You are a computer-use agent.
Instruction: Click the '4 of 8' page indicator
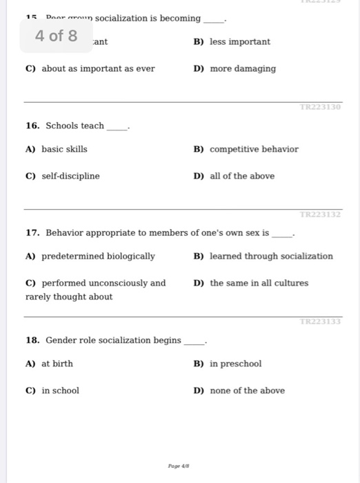[x=57, y=36]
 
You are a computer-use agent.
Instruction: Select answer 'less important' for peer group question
[x=239, y=42]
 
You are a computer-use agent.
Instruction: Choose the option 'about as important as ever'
[x=98, y=69]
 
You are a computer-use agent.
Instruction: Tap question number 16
[x=32, y=126]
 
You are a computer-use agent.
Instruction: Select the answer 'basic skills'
[x=64, y=149]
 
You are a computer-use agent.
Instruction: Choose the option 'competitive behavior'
[x=254, y=149]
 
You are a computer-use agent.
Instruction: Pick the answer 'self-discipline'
[x=70, y=176]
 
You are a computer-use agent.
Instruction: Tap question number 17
[x=32, y=233]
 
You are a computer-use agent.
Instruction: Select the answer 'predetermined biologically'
[x=98, y=257]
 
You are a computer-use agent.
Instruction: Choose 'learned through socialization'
[x=271, y=257]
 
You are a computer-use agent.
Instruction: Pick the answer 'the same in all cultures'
[x=259, y=284]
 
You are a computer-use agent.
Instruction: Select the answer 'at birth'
[x=57, y=364]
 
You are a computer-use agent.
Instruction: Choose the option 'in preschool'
[x=235, y=364]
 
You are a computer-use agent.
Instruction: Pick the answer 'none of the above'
[x=247, y=391]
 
